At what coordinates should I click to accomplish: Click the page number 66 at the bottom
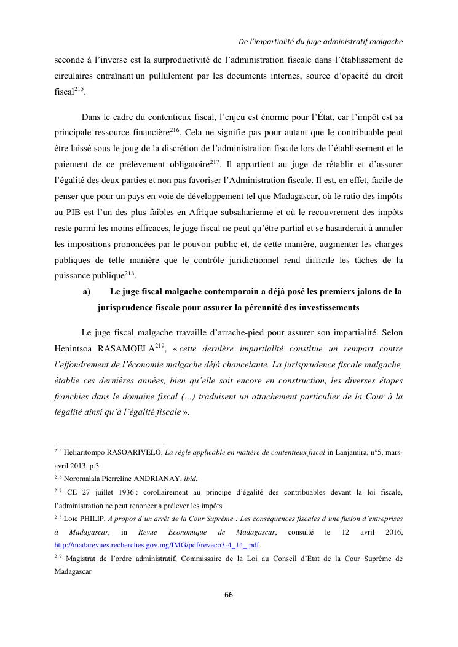click(x=229, y=594)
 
